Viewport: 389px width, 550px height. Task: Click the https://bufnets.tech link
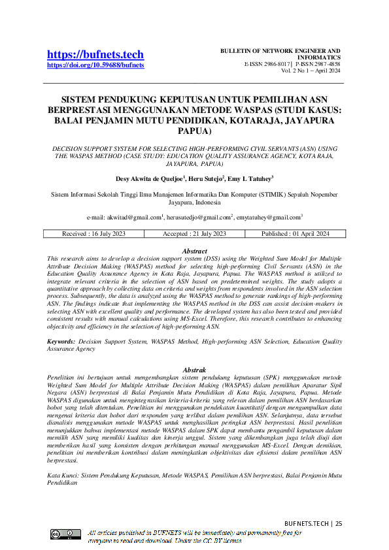coord(95,54)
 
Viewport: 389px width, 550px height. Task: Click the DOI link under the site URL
coord(95,65)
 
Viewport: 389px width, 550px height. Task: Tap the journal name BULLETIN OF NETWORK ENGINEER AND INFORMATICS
coord(280,54)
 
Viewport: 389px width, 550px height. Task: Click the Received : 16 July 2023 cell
coord(93,234)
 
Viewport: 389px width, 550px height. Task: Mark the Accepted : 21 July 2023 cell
coord(194,234)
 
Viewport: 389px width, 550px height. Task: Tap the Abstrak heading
coord(194,370)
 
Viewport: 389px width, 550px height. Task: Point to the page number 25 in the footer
coord(339,524)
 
